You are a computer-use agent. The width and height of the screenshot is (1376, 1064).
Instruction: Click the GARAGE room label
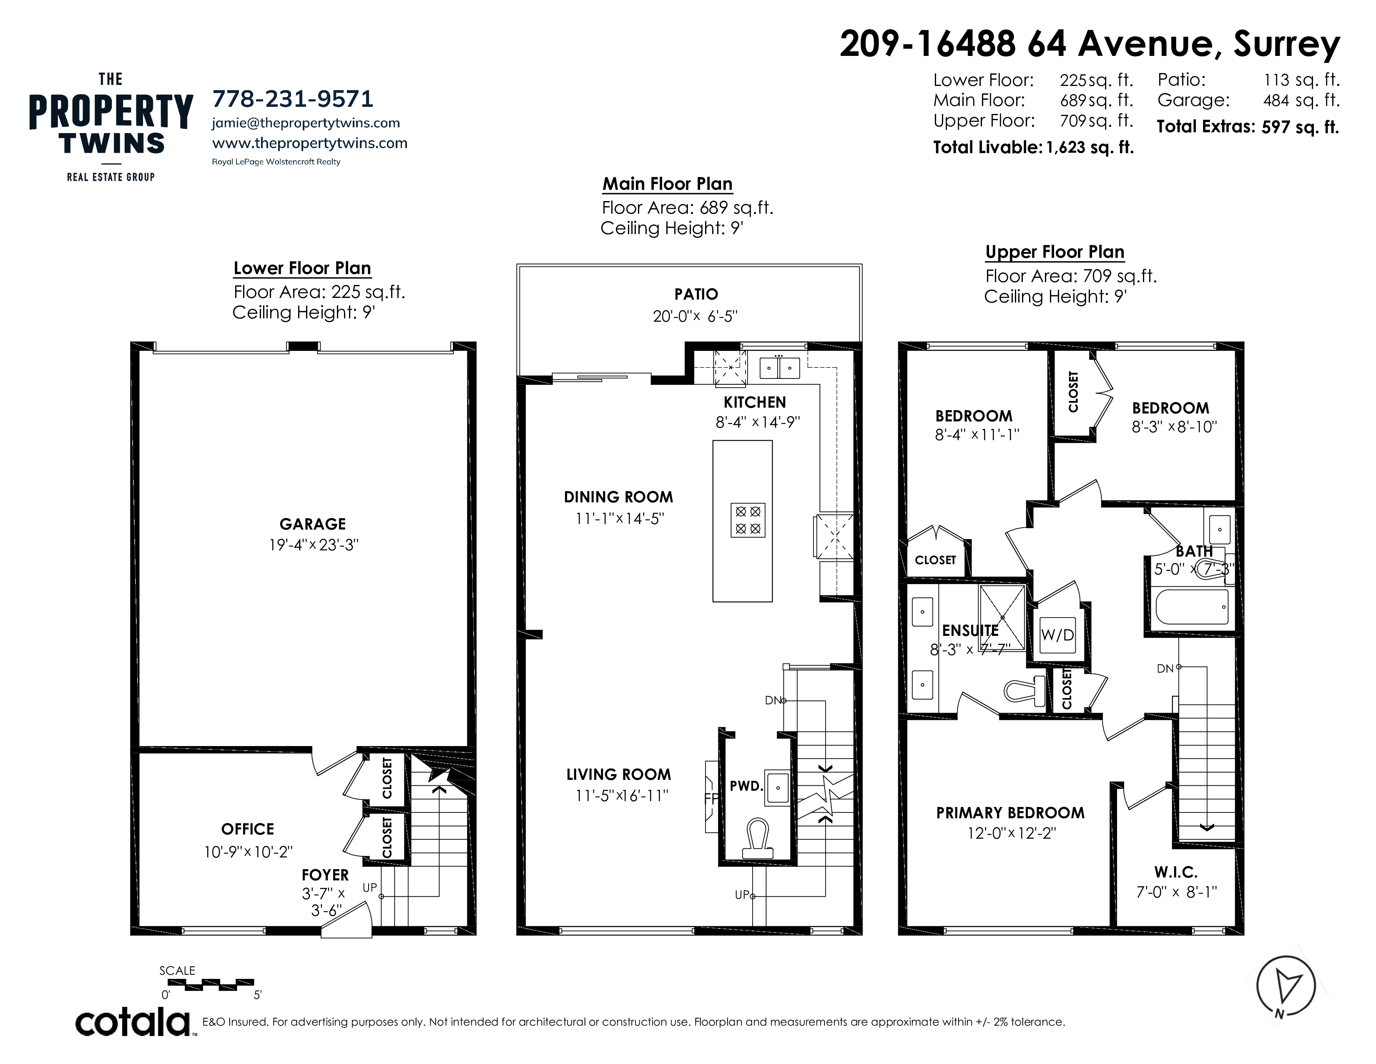[x=312, y=524]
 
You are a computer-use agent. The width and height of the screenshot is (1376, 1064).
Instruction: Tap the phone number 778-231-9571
[x=293, y=99]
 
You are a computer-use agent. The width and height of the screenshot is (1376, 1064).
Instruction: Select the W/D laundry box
[x=1057, y=634]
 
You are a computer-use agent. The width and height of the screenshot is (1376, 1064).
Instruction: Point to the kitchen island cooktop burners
[x=748, y=519]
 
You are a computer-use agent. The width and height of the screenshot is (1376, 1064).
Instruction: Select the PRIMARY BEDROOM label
[x=1010, y=812]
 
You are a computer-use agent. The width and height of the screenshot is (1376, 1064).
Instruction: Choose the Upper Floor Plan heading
[x=1055, y=252]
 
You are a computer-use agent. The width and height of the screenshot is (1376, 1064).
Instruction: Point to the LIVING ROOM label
[x=618, y=775]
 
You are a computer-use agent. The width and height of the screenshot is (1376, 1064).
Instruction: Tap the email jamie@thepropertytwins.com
[x=306, y=123]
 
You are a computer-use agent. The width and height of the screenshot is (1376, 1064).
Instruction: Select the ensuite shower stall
[x=1002, y=609]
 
